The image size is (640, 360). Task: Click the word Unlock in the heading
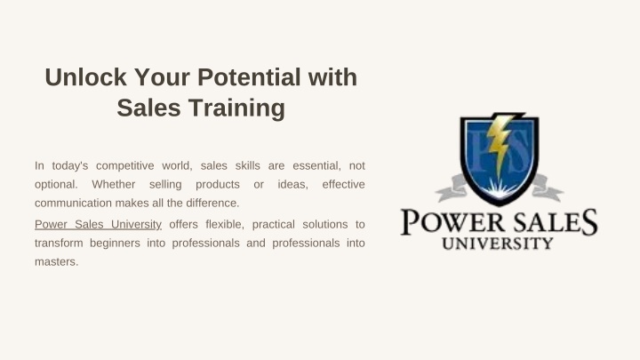85,77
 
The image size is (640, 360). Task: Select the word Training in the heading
236,108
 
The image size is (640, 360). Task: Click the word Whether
114,185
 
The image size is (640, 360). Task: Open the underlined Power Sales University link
98,225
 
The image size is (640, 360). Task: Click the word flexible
225,225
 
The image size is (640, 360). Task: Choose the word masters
56,262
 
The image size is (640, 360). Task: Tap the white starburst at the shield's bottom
500,188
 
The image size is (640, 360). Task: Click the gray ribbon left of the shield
452,188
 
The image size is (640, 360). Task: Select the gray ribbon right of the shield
547,188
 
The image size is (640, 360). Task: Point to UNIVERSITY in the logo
497,244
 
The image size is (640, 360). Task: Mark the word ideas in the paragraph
292,185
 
